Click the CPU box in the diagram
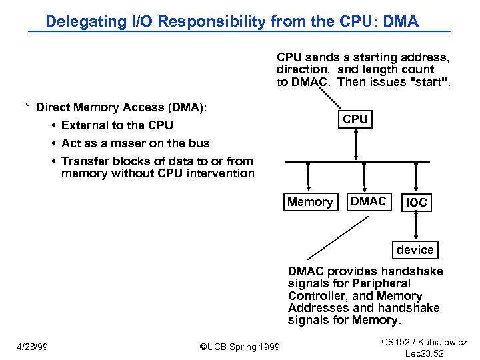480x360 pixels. (x=355, y=119)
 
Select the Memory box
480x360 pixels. (x=309, y=202)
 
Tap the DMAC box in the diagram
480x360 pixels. (x=368, y=202)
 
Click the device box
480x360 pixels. (x=415, y=250)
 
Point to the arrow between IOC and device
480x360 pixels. (x=416, y=227)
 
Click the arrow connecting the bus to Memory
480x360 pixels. (x=309, y=178)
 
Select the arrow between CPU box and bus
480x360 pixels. (x=356, y=145)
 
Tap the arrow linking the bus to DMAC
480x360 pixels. (x=365, y=178)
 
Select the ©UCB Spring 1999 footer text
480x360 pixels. (x=240, y=347)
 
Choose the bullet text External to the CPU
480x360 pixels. (x=117, y=125)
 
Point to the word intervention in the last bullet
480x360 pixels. (x=220, y=173)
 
